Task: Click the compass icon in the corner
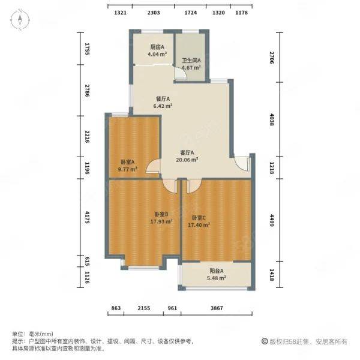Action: (20, 20)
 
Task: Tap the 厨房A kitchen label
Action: (157, 47)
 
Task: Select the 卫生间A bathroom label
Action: (191, 61)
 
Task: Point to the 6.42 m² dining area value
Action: (163, 106)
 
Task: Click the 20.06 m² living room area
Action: (187, 160)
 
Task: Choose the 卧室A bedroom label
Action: (128, 162)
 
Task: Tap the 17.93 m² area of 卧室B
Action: (161, 221)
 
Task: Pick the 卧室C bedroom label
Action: (199, 218)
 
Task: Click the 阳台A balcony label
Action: (217, 271)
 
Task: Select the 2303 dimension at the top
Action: (154, 13)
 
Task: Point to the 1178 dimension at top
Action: (242, 13)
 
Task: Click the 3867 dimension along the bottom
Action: (217, 308)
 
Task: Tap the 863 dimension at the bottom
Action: (116, 308)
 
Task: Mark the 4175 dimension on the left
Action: (87, 217)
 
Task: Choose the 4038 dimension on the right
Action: (272, 119)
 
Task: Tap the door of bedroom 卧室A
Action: (153, 166)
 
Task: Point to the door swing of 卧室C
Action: (194, 186)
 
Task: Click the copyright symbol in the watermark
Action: (265, 341)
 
